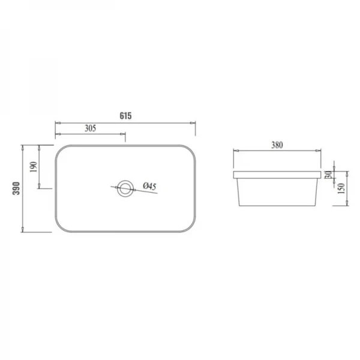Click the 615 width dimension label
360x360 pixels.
[125, 116]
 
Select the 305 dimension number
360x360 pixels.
[89, 128]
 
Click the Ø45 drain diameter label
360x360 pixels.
[149, 187]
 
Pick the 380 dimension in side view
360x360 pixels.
[277, 145]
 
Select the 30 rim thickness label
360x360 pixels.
[328, 174]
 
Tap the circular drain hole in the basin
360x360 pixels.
[125, 188]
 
